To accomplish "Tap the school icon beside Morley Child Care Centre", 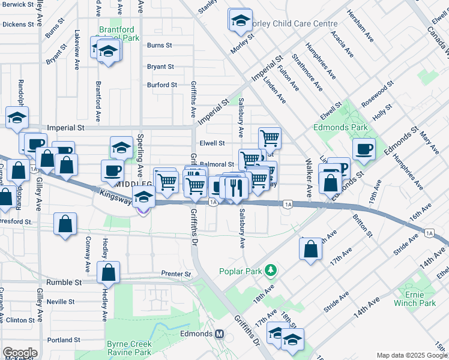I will (240, 20).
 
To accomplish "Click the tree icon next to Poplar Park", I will (271, 271).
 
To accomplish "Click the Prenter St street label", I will (175, 274).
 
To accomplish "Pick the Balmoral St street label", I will (217, 164).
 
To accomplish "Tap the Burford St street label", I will (161, 85).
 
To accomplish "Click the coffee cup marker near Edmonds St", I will (364, 149).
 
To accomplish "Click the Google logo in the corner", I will (20, 353).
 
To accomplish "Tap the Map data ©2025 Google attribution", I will (412, 355).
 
